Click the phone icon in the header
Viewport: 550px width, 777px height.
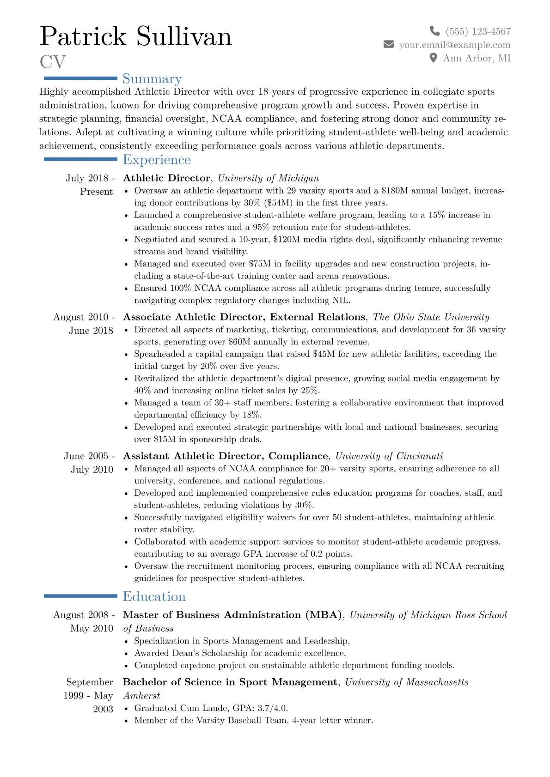tap(434, 31)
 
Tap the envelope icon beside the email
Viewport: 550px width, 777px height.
tap(389, 44)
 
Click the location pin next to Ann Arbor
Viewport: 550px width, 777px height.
tap(433, 58)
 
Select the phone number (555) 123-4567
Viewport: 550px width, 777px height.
tap(478, 31)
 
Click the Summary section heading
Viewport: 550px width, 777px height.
tap(152, 79)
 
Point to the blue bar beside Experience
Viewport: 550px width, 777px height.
tap(80, 159)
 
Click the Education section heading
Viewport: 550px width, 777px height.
tap(154, 596)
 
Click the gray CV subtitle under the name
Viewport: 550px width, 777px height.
tap(53, 62)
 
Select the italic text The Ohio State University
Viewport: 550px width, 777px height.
tap(431, 317)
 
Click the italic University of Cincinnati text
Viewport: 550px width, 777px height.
tap(389, 456)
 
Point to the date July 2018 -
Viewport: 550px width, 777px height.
tap(90, 178)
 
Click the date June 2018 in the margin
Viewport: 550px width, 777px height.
tap(91, 331)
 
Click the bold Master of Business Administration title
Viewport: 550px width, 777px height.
tap(232, 615)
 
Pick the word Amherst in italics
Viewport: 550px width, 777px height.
tap(141, 696)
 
